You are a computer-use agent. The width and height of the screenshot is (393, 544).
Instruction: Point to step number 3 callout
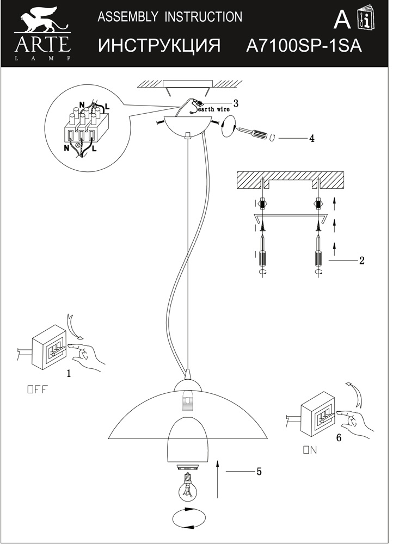(x=236, y=103)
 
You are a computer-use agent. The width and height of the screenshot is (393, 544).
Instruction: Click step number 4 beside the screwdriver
(x=312, y=138)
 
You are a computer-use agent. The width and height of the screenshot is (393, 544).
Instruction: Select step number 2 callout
(x=361, y=260)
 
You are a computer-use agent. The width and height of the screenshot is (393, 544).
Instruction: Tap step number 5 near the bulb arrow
(x=259, y=471)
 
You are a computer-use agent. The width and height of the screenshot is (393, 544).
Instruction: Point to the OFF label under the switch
(x=38, y=390)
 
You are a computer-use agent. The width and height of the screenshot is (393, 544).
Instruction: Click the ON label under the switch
(x=309, y=450)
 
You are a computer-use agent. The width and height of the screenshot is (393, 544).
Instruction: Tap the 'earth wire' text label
(x=214, y=109)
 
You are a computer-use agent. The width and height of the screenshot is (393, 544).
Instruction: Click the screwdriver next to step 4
(x=253, y=133)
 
